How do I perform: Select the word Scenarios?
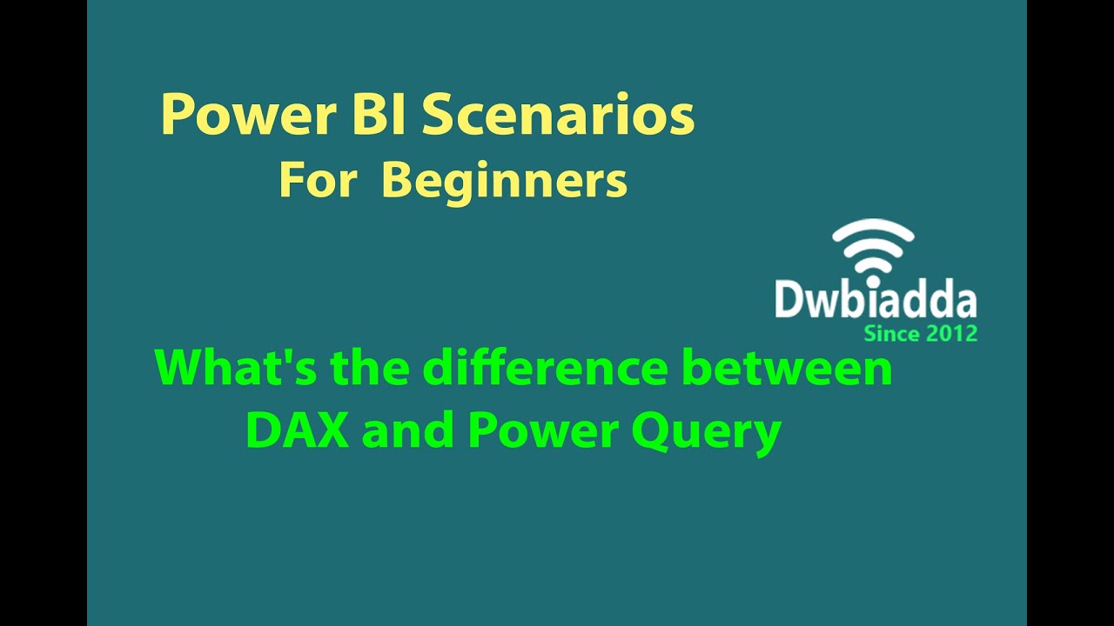tap(559, 117)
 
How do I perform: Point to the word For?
tap(318, 181)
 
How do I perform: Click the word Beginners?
tap(504, 183)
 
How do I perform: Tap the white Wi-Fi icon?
tap(873, 247)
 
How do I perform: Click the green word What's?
tap(237, 369)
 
